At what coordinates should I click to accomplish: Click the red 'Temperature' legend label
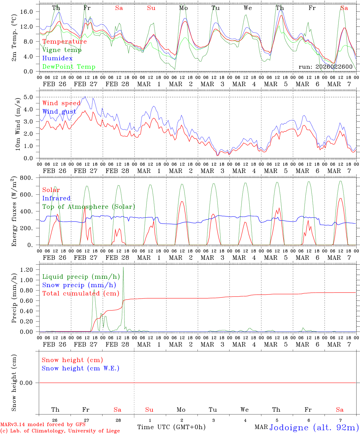coord(65,42)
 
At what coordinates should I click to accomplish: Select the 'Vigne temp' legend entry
coord(62,50)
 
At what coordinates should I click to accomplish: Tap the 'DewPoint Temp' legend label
coord(69,67)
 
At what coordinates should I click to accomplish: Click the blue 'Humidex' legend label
coord(57,58)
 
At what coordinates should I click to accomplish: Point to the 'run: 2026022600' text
coord(325,67)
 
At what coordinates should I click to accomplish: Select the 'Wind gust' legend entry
coord(59,112)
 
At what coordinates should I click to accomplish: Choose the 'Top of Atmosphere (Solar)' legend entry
coord(89,207)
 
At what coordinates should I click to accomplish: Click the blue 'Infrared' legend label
coord(56,198)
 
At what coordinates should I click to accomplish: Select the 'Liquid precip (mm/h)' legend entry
coord(81,277)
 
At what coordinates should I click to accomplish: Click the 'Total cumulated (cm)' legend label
coord(81,294)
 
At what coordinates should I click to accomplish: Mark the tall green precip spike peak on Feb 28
coord(123,267)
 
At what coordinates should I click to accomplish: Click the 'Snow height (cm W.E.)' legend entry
coord(81,368)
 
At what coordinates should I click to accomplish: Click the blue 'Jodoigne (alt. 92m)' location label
coord(314,427)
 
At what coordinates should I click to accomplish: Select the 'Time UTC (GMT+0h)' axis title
coord(171,427)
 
